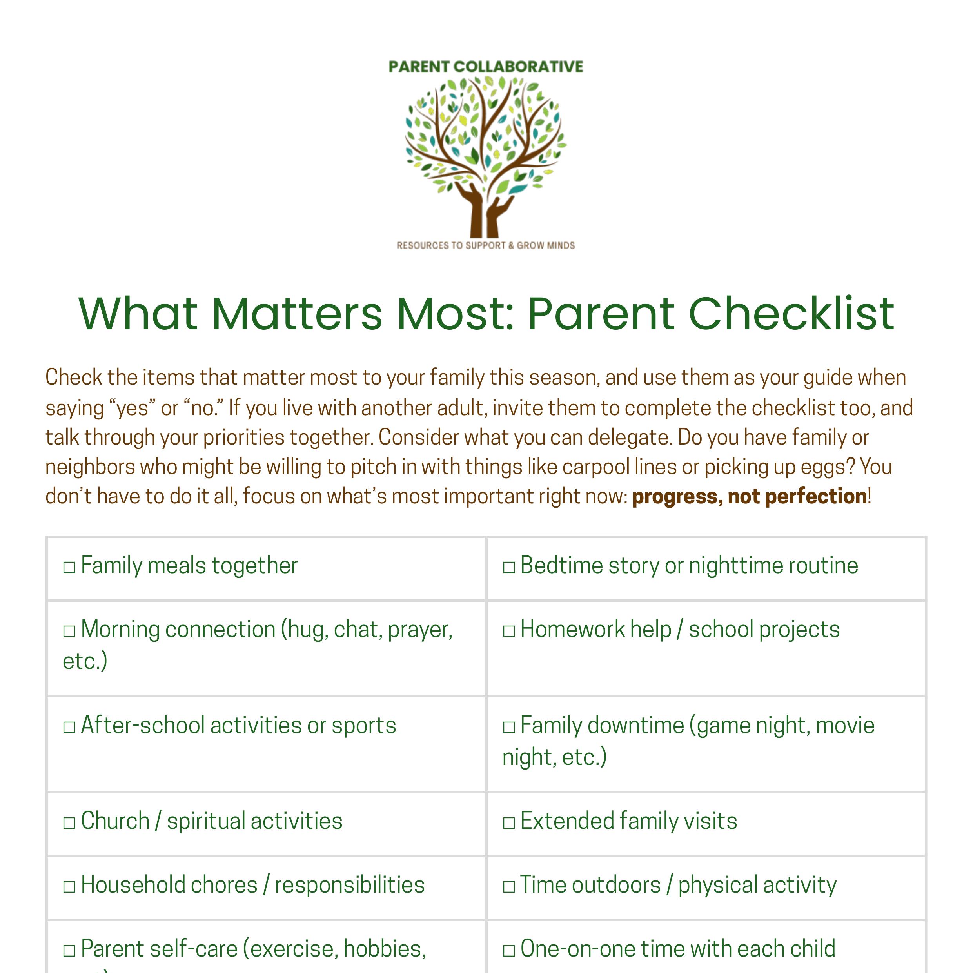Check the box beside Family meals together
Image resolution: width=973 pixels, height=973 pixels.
click(x=69, y=568)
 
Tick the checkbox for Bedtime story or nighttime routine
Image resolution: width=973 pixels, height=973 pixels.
click(x=509, y=568)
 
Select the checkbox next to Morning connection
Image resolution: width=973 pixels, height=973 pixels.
click(x=69, y=632)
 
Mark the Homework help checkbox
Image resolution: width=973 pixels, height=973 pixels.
click(x=509, y=632)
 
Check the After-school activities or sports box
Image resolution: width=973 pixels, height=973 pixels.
click(x=69, y=727)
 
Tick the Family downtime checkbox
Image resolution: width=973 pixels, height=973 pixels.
click(x=509, y=727)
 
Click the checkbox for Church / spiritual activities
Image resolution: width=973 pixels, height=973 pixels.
click(x=69, y=823)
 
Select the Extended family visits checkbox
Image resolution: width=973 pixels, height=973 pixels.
click(x=509, y=823)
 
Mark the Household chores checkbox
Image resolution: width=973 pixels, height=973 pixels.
click(x=69, y=887)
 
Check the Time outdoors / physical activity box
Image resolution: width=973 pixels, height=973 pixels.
click(x=509, y=887)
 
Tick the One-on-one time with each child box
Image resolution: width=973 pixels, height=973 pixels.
click(x=509, y=951)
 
